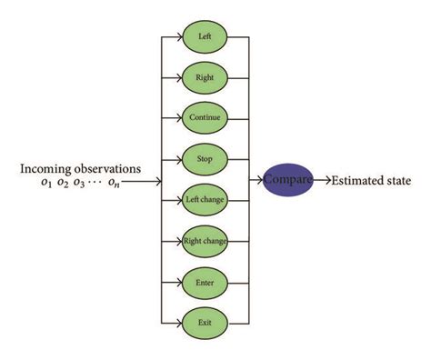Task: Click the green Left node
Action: point(205,37)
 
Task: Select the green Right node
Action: point(205,77)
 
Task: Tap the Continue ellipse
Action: point(205,117)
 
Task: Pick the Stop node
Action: point(205,158)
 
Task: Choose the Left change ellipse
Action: point(205,199)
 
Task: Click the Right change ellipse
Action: point(205,240)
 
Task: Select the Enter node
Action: point(205,281)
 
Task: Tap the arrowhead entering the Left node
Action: point(178,37)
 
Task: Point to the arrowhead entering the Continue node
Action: point(178,117)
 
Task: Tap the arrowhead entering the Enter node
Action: point(178,281)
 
